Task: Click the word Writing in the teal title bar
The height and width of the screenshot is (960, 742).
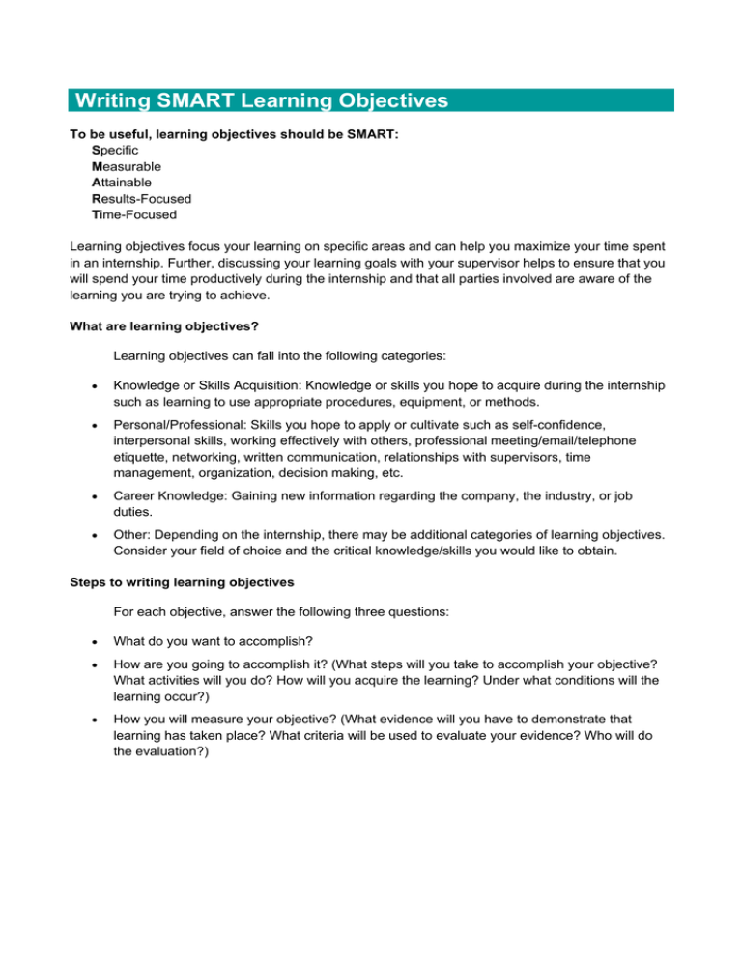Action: click(x=117, y=100)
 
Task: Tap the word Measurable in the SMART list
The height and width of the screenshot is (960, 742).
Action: click(x=126, y=166)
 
